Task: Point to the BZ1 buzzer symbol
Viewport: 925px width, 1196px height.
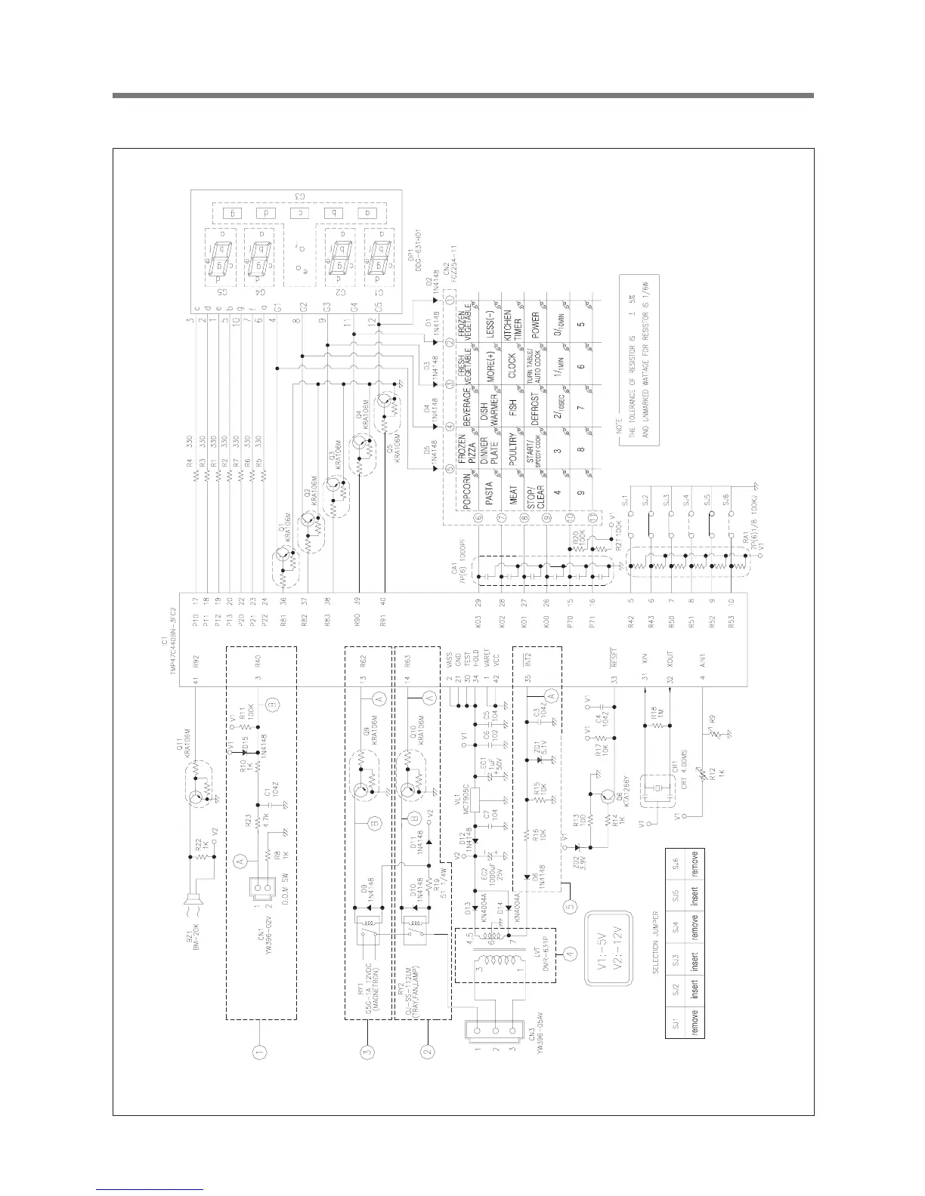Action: tap(189, 899)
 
